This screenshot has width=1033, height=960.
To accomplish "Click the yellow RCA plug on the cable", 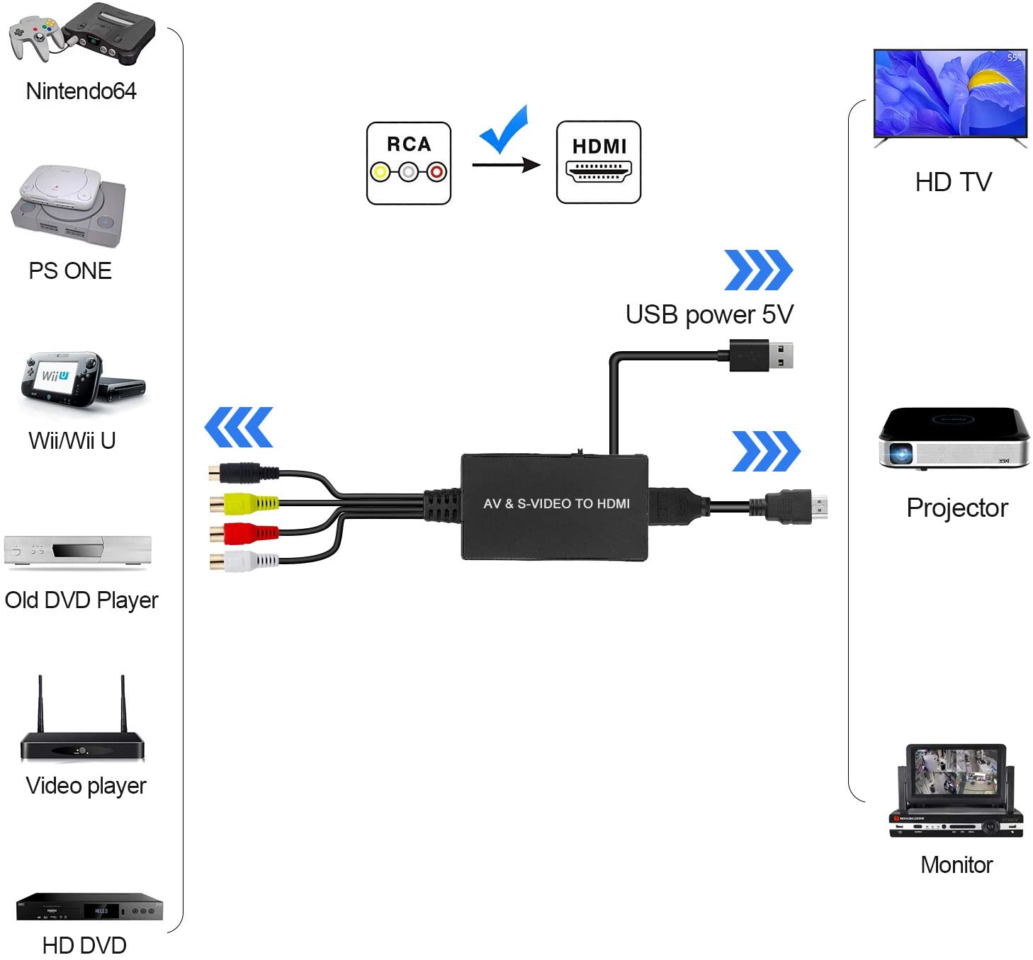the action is pyautogui.click(x=244, y=503).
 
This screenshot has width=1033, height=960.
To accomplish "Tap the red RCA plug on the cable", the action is pyautogui.click(x=244, y=533).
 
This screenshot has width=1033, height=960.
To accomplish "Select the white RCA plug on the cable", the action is pyautogui.click(x=244, y=561).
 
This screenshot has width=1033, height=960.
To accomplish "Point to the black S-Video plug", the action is pyautogui.click(x=244, y=473).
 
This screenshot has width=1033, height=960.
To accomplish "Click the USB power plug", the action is pyautogui.click(x=761, y=355).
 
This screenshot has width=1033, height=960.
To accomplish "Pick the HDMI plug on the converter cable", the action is pyautogui.click(x=789, y=507).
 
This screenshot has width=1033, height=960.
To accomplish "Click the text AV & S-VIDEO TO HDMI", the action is pyautogui.click(x=556, y=503).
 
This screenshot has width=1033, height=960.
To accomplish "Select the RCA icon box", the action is pyautogui.click(x=408, y=164).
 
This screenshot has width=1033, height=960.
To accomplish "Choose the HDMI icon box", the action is pyautogui.click(x=598, y=162).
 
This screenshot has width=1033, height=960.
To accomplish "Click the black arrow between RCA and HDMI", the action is pyautogui.click(x=506, y=165).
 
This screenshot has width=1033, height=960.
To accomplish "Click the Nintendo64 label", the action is pyautogui.click(x=81, y=91).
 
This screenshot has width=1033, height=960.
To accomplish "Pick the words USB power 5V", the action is pyautogui.click(x=709, y=315).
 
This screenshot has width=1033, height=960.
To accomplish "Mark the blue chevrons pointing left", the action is pyautogui.click(x=239, y=427).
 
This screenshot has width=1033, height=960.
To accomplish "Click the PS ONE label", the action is pyautogui.click(x=70, y=270).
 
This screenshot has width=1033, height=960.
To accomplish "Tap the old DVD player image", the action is pyautogui.click(x=77, y=551).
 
